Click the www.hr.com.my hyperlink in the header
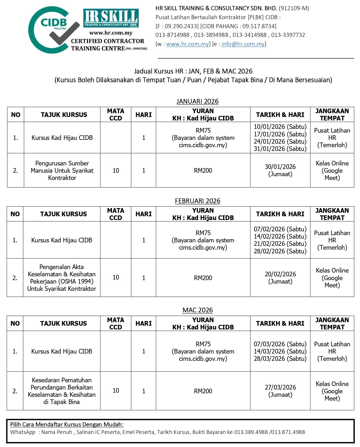point(187,44)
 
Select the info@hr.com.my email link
point(243,44)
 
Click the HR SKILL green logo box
point(111,18)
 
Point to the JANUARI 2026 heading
point(198,101)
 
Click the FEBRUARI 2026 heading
point(198,201)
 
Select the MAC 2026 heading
point(198,310)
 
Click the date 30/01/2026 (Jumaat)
point(280,170)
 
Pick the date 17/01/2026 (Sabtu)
point(280,134)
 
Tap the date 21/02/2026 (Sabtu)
point(280,244)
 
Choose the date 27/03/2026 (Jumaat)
point(280,391)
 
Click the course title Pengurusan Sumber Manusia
point(62,170)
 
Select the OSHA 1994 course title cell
point(62,278)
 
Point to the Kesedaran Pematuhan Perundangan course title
point(62,391)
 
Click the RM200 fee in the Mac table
point(203,391)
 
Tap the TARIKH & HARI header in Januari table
point(280,115)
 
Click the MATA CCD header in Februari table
point(115,214)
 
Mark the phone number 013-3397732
point(288,35)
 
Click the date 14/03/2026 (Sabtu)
point(280,351)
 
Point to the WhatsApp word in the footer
point(23,432)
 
